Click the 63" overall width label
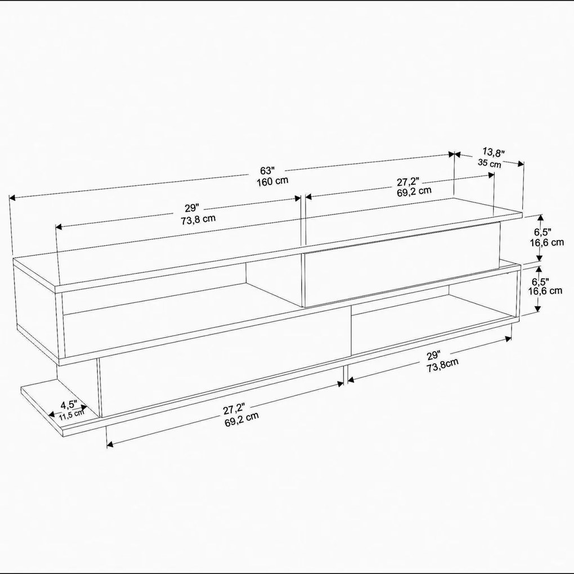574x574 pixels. click(267, 171)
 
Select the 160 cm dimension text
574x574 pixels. click(272, 181)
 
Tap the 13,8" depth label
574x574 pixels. click(494, 152)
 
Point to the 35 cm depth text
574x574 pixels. click(490, 163)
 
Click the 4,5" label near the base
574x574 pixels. click(69, 405)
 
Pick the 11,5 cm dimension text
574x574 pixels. click(72, 414)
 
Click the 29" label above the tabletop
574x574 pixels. click(191, 208)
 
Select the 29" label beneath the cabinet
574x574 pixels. click(434, 356)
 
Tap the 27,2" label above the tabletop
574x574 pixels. click(408, 182)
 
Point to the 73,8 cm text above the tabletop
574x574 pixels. click(198, 219)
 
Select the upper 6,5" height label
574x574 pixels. click(542, 232)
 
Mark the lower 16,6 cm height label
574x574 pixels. click(545, 291)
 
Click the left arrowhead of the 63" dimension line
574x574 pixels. click(12, 198)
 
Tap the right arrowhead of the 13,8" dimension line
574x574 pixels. click(521, 164)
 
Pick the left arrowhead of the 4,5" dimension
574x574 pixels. click(52, 415)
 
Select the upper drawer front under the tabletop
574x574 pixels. click(401, 264)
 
